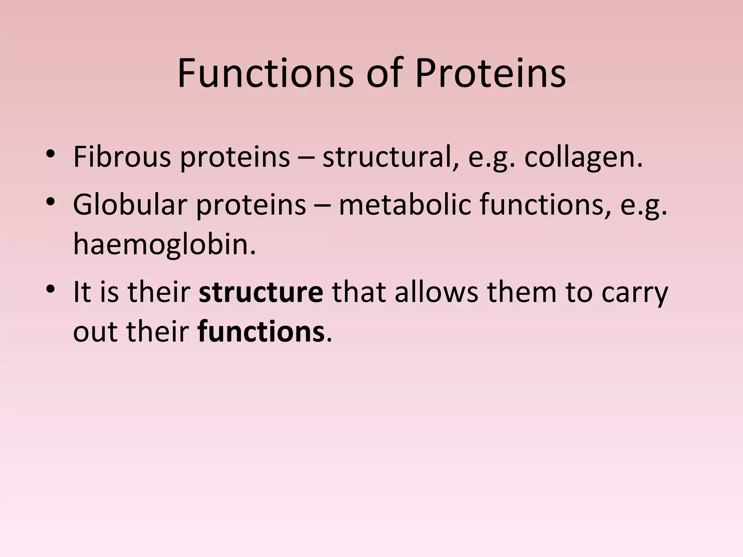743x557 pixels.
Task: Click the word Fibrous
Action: point(122,157)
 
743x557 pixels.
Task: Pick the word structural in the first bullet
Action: point(390,157)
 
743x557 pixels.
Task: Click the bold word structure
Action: point(261,292)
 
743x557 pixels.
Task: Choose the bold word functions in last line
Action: point(261,332)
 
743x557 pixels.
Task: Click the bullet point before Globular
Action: point(50,202)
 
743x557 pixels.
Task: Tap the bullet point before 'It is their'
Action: point(50,289)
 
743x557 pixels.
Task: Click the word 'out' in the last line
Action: point(95,332)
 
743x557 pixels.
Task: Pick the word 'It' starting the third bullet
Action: point(82,292)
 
